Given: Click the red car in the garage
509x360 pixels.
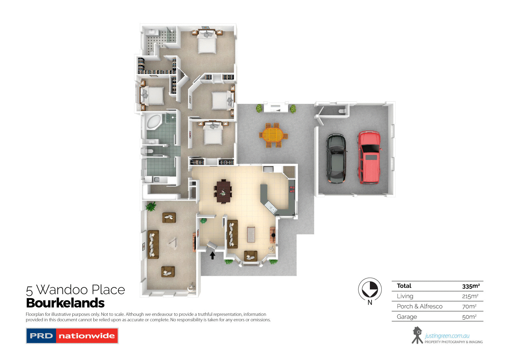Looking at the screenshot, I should click(369, 157).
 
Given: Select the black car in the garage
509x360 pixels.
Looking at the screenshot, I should click(336, 158).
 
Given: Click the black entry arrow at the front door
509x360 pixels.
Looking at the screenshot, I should click(212, 255).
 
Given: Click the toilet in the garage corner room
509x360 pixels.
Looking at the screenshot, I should click(342, 111).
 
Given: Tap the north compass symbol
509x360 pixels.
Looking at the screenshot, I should click(370, 290).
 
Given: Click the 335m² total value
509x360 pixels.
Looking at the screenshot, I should click(471, 286).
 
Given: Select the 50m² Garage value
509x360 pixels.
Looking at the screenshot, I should click(469, 317).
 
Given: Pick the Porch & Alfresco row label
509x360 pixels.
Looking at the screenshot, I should click(419, 306).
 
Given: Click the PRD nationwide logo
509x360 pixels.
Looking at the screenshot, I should click(72, 336).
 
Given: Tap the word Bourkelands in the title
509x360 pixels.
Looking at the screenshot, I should click(65, 303).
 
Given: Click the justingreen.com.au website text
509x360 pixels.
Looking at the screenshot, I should click(447, 336).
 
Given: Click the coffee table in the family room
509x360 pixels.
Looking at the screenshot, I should click(251, 234).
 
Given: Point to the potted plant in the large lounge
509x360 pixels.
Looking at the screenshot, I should click(150, 206).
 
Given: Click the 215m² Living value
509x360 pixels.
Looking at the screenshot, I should click(470, 296).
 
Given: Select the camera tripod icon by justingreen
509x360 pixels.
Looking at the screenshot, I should click(417, 335).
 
